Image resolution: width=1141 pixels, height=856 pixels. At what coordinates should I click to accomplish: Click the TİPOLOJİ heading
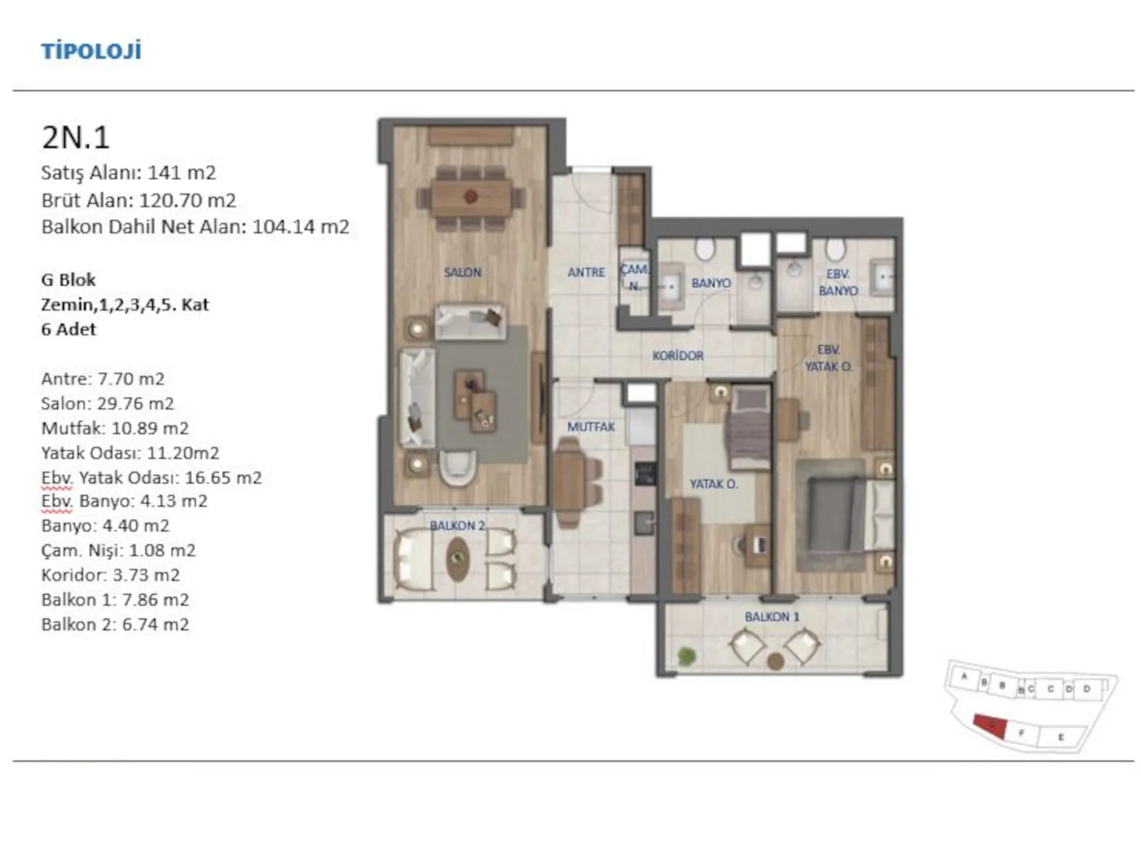[91, 51]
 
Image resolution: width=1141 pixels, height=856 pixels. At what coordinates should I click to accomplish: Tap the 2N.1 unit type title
[75, 138]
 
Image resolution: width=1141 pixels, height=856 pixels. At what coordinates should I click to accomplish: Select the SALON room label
[463, 273]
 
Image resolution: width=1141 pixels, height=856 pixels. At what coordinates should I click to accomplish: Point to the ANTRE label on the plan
[586, 273]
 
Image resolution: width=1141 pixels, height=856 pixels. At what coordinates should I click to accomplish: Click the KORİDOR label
[678, 356]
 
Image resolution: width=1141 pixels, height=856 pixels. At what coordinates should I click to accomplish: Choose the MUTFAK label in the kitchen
[591, 427]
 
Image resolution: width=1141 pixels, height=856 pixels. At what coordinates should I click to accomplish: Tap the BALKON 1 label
[772, 617]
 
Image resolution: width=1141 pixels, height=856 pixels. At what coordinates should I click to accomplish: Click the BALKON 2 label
[458, 526]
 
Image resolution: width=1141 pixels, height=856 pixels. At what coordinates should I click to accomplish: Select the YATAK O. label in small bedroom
[714, 484]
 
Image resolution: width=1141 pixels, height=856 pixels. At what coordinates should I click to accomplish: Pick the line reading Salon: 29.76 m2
[107, 403]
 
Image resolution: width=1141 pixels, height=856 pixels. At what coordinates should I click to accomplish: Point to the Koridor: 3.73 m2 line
[111, 575]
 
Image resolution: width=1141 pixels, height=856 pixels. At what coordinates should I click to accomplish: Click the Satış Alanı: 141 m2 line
[129, 173]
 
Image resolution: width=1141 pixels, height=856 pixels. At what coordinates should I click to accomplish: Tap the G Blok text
[68, 280]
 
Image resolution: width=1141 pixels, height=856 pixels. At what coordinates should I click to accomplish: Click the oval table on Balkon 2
[458, 559]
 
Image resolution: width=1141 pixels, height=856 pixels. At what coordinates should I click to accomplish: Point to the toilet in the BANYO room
[705, 249]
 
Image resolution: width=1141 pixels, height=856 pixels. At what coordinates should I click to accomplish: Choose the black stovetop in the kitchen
[646, 474]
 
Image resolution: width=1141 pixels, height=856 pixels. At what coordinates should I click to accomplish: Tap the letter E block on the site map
[1061, 737]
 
